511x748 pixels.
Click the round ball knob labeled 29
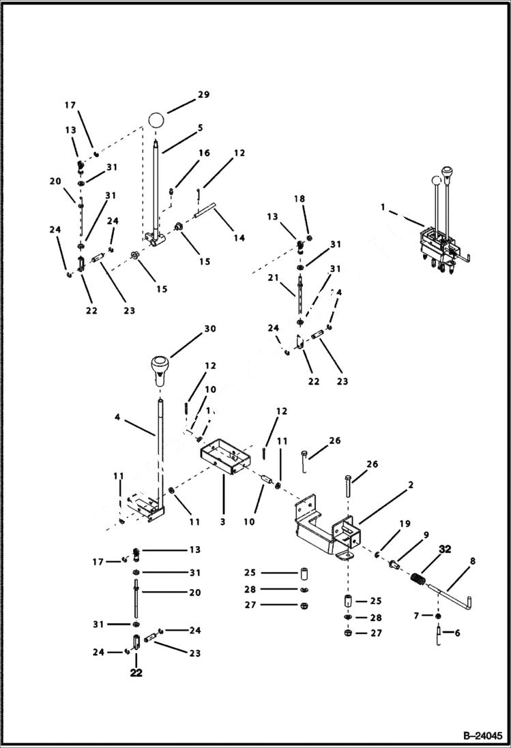(x=156, y=121)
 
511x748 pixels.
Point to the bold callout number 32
(x=445, y=548)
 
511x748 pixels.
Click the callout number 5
(x=199, y=128)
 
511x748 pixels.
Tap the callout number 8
(x=472, y=562)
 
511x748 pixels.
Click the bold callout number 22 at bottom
(x=136, y=673)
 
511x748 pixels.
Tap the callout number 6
(x=456, y=633)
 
